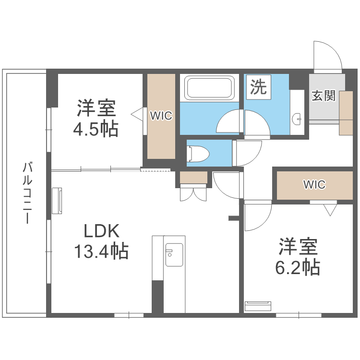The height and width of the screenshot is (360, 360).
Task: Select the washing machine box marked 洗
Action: (x=259, y=87)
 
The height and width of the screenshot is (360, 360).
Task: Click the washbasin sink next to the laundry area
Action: (x=297, y=119)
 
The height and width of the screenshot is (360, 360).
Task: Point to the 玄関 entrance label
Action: (x=324, y=96)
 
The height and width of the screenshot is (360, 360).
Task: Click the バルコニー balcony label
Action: (x=28, y=193)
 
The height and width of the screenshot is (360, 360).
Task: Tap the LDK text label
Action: (x=101, y=231)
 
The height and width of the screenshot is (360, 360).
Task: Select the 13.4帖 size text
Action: (x=101, y=251)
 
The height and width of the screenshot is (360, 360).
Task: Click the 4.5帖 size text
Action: (x=96, y=129)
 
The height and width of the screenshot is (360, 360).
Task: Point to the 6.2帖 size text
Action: (x=298, y=267)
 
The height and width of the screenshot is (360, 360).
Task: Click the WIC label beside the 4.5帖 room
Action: (x=161, y=116)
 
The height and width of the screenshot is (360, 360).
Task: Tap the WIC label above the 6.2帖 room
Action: (x=314, y=184)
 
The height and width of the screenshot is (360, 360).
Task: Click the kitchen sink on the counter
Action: (x=174, y=255)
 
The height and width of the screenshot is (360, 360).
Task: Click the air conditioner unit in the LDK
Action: (x=57, y=201)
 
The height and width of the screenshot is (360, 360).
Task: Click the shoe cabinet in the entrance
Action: (x=346, y=113)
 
